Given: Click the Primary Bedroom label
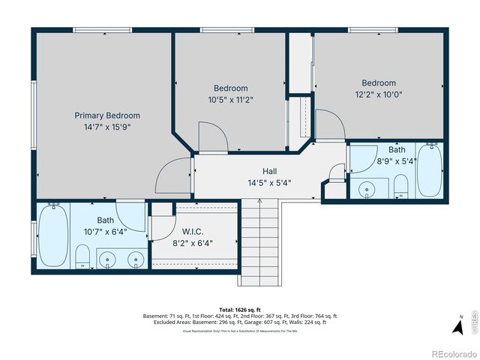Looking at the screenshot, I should click(107, 115).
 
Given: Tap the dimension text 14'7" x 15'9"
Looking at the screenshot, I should click(107, 127).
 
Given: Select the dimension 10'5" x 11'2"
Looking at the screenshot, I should click(230, 99).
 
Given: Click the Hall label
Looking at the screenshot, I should click(269, 171).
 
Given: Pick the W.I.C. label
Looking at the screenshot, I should click(193, 232).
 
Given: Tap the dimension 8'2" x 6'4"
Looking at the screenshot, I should click(193, 243).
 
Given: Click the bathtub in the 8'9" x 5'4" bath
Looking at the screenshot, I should click(429, 171).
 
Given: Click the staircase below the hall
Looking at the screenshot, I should click(259, 240).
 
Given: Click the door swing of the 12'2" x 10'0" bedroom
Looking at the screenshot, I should click(330, 124).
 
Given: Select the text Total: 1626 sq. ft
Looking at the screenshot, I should click(239, 309).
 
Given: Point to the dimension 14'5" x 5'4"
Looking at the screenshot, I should click(269, 182).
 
